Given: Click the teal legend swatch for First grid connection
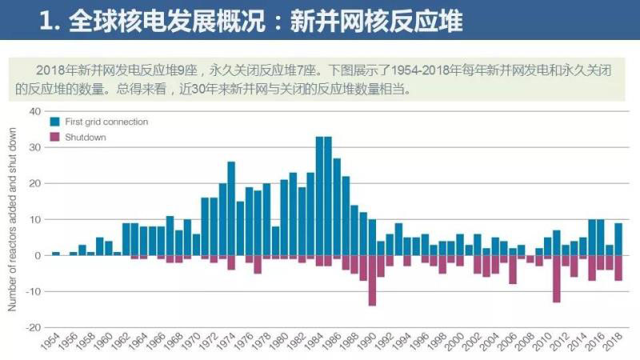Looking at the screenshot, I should click(55, 122).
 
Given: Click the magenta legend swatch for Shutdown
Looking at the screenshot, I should click(55, 137).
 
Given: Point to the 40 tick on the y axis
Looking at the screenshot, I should click(34, 111).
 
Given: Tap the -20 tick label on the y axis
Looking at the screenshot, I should click(33, 327).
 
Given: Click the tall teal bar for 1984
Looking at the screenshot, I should click(318, 196).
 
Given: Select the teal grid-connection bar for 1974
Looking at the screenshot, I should click(230, 208).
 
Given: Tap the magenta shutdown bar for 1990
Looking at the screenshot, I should click(371, 281).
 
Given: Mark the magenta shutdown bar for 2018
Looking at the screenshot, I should click(618, 268).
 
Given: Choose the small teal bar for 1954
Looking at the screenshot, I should click(55, 254).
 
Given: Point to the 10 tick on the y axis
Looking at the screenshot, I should click(34, 219).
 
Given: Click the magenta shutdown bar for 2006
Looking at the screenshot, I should click(512, 270).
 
